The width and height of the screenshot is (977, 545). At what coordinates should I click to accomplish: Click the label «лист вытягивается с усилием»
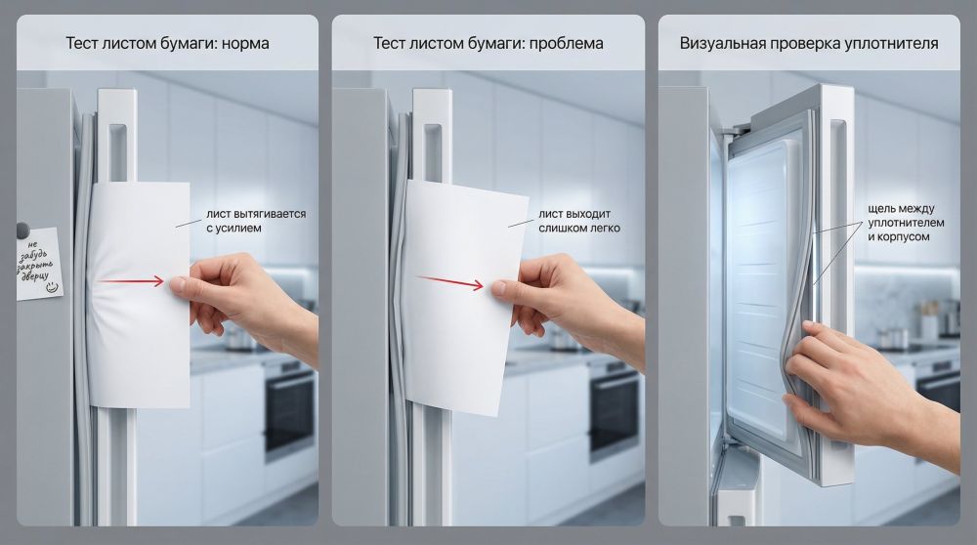click(x=255, y=221)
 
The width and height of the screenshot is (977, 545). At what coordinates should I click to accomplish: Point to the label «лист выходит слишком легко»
click(x=579, y=221)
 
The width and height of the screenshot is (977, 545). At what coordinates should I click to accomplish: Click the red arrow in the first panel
click(x=131, y=281)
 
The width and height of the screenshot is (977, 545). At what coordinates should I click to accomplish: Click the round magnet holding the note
click(x=21, y=231)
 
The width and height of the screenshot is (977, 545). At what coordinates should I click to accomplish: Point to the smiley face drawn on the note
click(x=53, y=287)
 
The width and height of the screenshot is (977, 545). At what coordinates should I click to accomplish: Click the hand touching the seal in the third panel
click(x=860, y=391)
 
